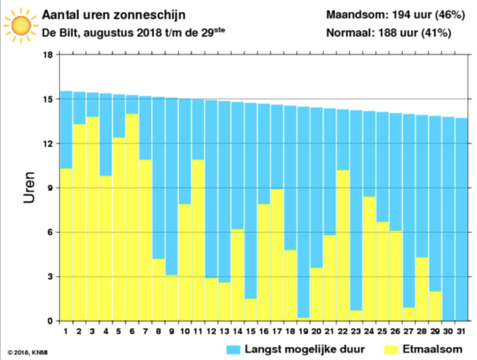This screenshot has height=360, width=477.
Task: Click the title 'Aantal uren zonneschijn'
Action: (114, 15)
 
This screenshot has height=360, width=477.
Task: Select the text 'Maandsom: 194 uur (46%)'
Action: (395, 15)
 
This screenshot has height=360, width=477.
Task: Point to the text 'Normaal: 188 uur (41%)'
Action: (389, 33)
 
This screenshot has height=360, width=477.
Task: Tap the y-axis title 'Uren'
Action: (29, 187)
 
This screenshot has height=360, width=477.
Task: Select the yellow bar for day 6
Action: (132, 217)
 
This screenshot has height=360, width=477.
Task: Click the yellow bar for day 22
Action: (343, 245)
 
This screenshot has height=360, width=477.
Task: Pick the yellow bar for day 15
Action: (251, 310)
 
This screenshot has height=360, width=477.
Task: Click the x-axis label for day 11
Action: (198, 331)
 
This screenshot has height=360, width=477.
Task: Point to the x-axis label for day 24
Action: (369, 331)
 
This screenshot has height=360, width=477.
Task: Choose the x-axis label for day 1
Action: (66, 331)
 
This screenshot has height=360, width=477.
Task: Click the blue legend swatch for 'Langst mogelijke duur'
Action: (233, 350)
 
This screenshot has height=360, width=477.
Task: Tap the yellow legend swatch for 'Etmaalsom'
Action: (391, 350)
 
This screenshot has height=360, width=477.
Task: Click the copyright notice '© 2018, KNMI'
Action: (28, 352)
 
